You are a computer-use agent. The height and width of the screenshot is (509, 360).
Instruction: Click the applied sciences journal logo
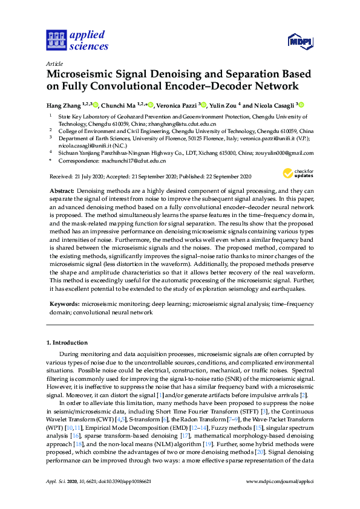(x=77, y=40)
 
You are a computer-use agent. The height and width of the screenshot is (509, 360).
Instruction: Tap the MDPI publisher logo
(x=301, y=41)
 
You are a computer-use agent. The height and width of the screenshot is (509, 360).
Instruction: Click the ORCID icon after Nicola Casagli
(x=300, y=104)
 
